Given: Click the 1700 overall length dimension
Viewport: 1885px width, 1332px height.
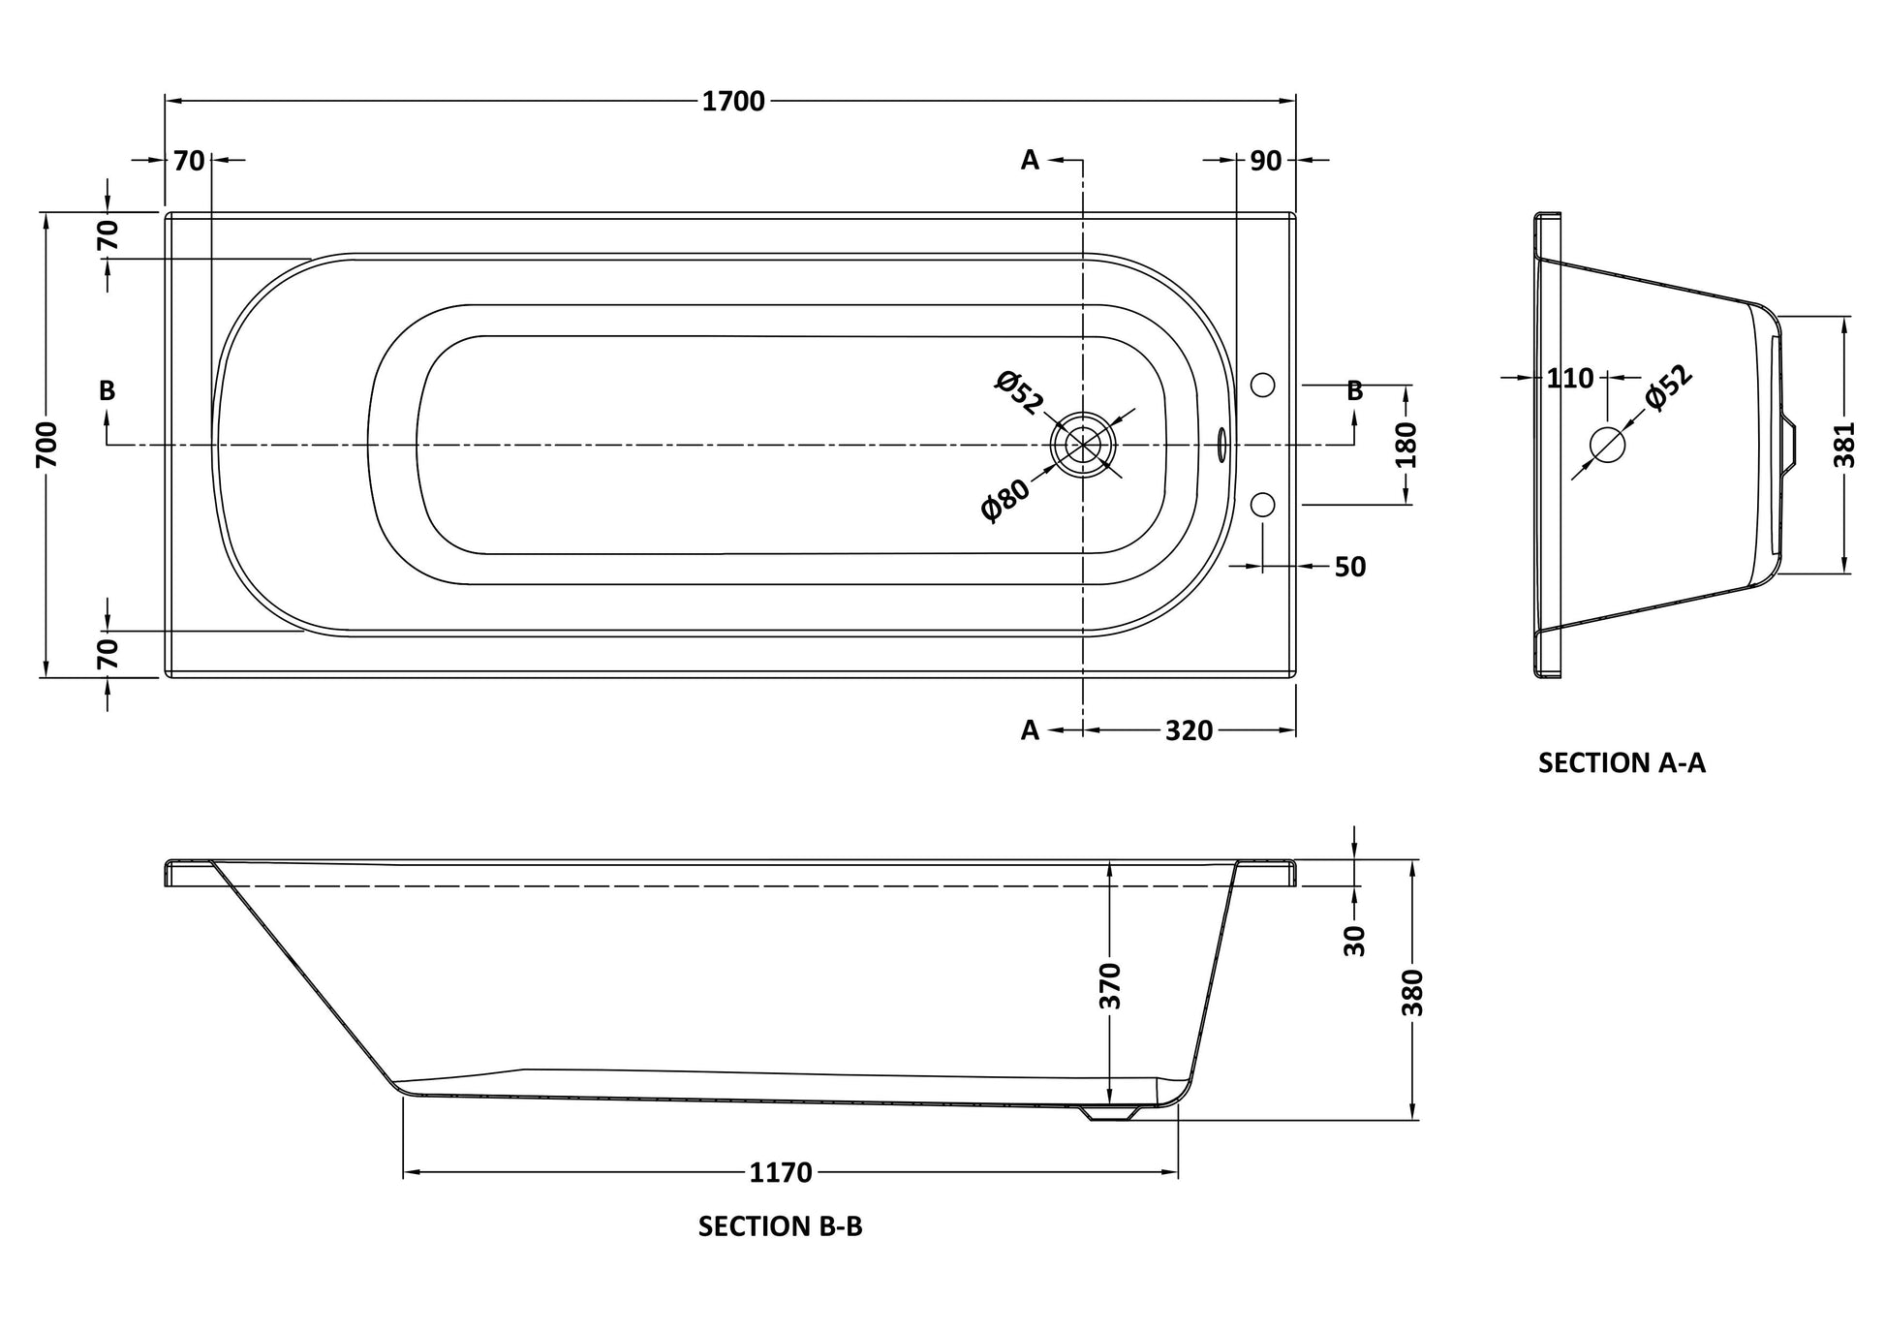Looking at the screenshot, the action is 733,101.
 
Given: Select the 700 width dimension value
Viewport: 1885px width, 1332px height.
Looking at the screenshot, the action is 47,445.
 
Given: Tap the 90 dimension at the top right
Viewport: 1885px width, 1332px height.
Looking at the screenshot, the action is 1265,161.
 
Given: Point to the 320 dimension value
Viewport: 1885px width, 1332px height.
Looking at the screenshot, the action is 1189,730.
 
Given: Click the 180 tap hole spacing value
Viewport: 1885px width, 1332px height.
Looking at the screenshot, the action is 1406,445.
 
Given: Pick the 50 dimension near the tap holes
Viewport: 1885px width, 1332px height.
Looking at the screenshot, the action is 1350,567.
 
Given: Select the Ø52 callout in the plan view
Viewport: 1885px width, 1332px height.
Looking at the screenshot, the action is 1018,391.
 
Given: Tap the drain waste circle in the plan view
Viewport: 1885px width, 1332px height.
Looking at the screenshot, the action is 1083,445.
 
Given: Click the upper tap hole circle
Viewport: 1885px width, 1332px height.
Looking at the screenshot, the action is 1263,385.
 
